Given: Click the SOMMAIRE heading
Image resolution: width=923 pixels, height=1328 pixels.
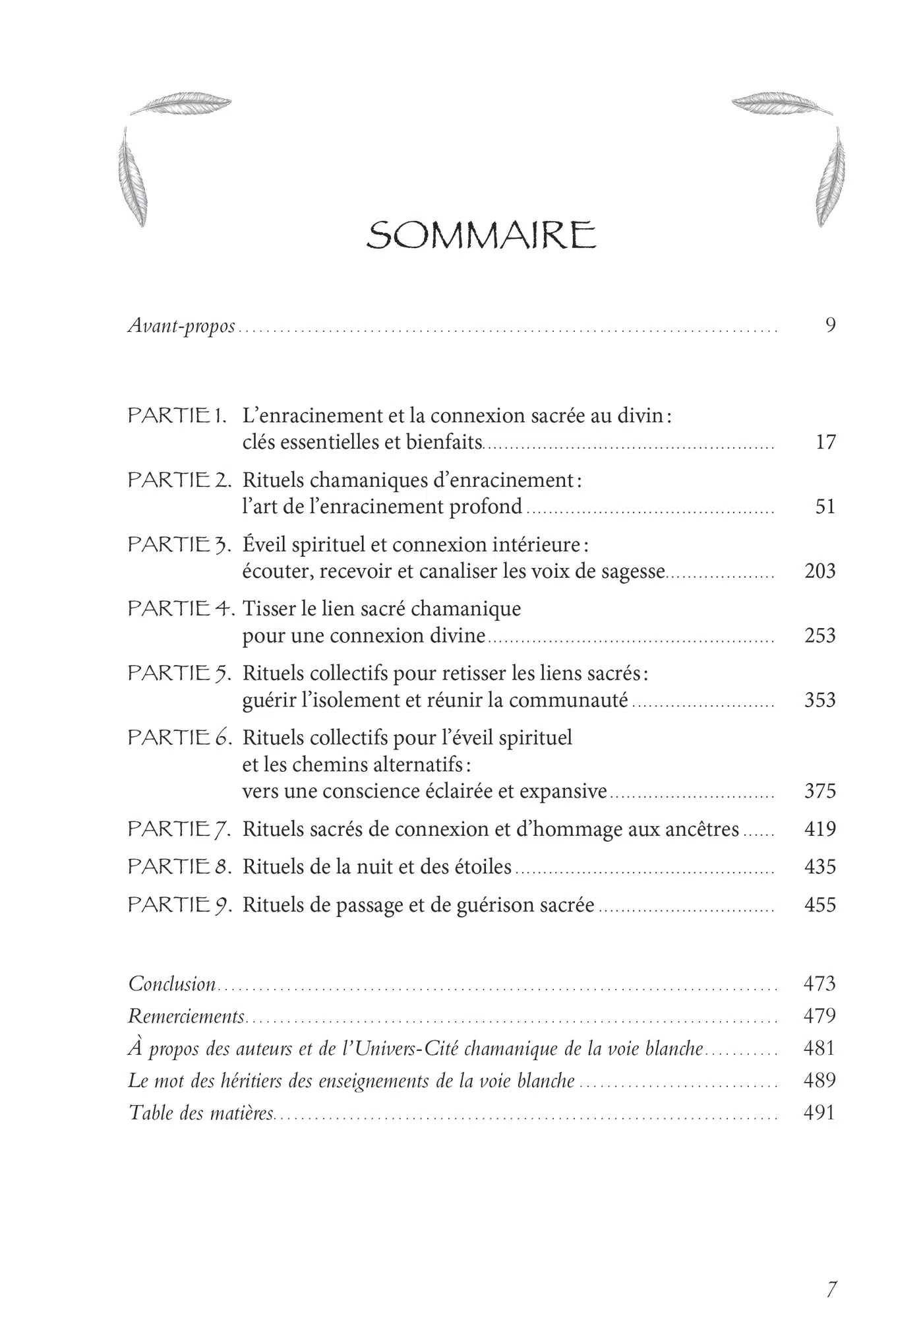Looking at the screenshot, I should click(481, 236).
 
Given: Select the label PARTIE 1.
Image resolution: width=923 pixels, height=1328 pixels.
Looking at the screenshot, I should click(177, 416).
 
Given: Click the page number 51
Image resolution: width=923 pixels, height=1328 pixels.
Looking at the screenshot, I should click(825, 507).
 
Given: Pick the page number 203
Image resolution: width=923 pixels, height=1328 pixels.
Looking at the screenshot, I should click(820, 571).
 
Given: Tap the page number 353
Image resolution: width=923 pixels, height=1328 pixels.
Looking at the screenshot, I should click(820, 700).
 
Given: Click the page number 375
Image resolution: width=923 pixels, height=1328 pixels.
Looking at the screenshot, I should click(820, 791).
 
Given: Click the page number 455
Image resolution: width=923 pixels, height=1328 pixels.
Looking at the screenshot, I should click(820, 904).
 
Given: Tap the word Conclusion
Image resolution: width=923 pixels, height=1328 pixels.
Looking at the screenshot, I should click(172, 984).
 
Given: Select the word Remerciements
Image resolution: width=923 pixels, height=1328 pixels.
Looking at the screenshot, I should click(186, 1016).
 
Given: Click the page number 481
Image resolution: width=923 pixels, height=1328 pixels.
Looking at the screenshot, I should click(819, 1048).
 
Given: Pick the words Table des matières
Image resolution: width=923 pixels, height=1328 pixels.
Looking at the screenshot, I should click(201, 1113).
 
